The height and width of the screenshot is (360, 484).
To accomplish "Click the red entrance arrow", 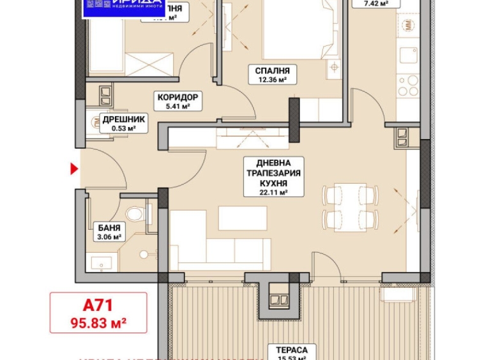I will pos(74,169).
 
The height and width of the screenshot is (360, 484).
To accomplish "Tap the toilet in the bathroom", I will pos(135,214).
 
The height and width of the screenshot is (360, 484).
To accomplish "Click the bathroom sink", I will pos(102,262).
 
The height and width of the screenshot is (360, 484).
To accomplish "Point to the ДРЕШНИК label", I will pos(123,119).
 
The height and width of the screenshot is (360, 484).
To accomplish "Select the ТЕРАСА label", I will pos(292,350).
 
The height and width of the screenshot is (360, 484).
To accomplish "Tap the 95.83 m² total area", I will pos(98,323).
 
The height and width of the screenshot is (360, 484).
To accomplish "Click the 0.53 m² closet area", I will pos(123,128).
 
